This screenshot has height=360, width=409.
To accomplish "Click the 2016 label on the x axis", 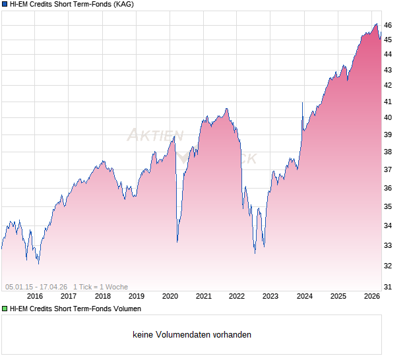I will click(x=35, y=297).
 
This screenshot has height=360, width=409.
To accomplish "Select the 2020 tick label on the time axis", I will click(x=170, y=297).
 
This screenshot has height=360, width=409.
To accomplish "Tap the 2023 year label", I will click(x=270, y=297).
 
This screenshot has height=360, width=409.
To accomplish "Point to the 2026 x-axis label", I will click(x=372, y=297).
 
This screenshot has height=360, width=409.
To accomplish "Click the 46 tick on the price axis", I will click(x=389, y=25).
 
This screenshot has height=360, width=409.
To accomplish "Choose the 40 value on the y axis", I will click(x=389, y=117).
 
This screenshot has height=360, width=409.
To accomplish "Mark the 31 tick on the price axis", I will click(x=389, y=287).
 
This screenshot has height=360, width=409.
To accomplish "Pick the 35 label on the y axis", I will click(x=389, y=206).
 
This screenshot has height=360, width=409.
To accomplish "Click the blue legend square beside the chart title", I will click(x=5, y=5).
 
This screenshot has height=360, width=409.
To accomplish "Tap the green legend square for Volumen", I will click(x=5, y=309).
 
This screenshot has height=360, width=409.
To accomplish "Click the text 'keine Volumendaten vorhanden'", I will click(x=192, y=335).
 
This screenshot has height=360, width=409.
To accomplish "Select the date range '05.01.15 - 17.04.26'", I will click(x=36, y=287).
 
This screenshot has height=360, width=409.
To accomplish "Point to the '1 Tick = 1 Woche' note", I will click(x=100, y=287).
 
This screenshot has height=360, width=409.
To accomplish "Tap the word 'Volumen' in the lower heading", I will click(x=127, y=309).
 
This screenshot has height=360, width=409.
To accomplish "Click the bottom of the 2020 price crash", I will click(x=177, y=241).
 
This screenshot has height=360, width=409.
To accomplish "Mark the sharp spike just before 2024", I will click(x=302, y=104).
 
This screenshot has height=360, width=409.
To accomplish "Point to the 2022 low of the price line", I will click(x=255, y=252).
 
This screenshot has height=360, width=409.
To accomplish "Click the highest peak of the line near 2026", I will click(x=376, y=24).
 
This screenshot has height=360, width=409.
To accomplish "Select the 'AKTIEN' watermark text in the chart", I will click(x=156, y=136).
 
